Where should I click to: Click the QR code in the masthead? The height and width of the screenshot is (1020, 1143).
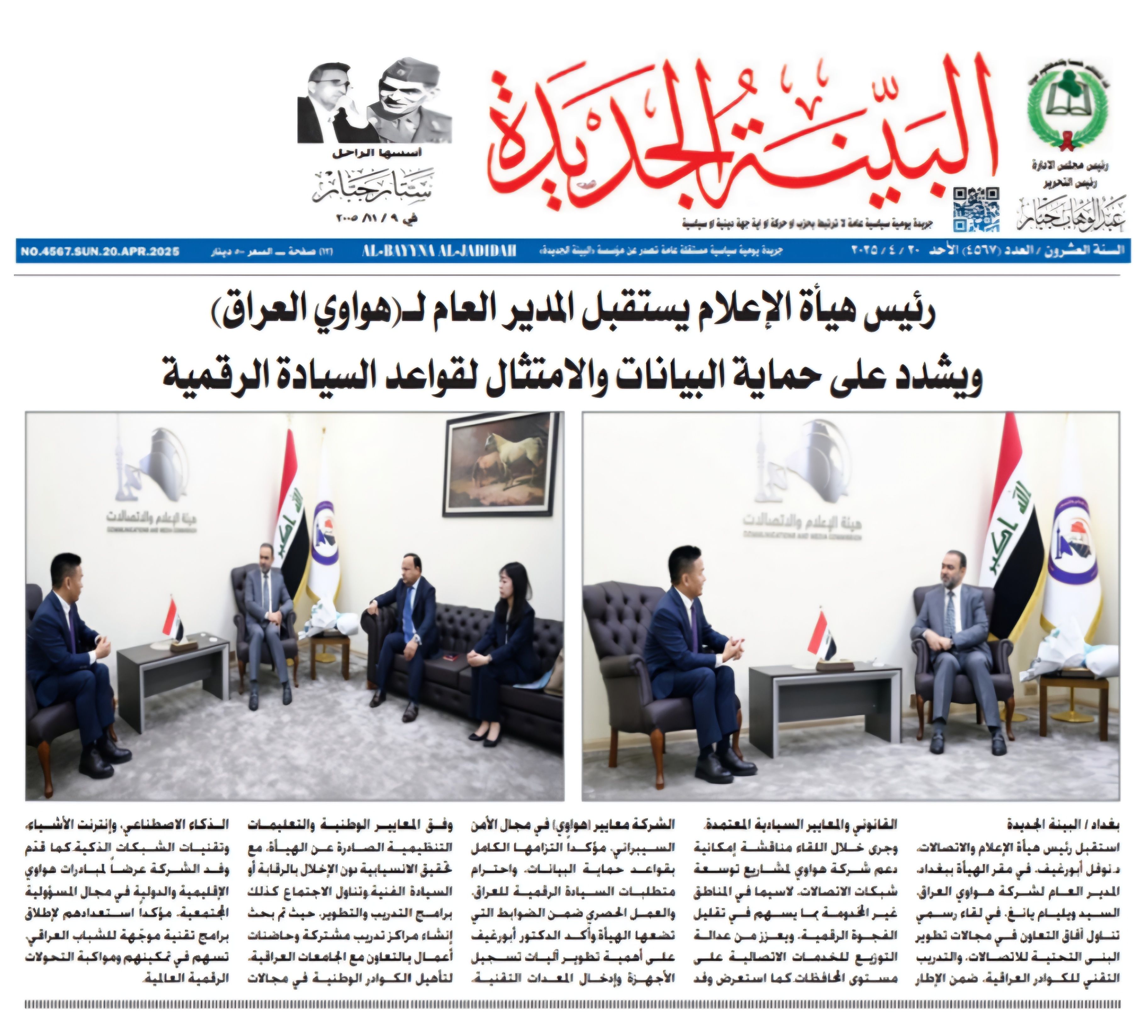point(976,208)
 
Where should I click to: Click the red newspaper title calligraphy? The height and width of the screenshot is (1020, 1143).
point(739,134)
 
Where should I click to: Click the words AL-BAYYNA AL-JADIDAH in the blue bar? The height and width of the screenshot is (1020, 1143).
point(439,252)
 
